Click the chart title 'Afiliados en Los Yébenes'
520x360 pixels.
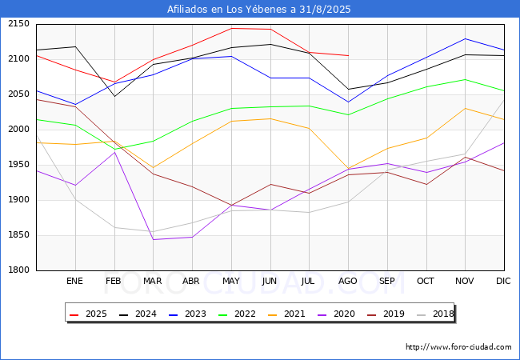pyautogui.click(x=259, y=10)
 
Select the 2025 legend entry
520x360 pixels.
pyautogui.click(x=89, y=314)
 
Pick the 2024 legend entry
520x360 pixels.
pyautogui.click(x=137, y=314)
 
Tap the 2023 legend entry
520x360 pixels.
pyautogui.click(x=186, y=314)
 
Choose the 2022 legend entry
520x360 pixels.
pyautogui.click(x=234, y=314)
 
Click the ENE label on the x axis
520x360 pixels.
pyautogui.click(x=74, y=282)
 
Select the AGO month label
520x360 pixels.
pyautogui.click(x=348, y=282)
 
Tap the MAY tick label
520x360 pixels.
pyautogui.click(x=230, y=282)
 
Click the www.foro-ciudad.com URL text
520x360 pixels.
pyautogui.click(x=458, y=347)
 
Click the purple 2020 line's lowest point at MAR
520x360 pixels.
pyautogui.click(x=153, y=239)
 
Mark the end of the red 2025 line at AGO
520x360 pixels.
pyautogui.click(x=348, y=55)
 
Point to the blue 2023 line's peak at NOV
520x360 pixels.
pyautogui.click(x=465, y=38)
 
